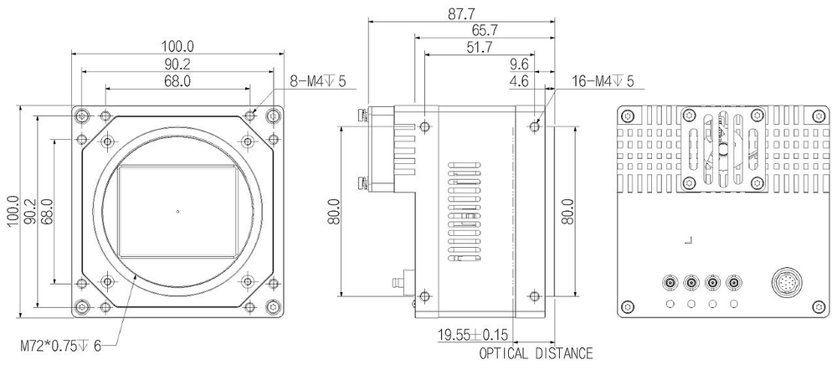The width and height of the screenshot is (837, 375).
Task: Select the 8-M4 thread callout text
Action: coord(317,81)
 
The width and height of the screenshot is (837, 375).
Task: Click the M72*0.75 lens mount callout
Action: coord(59,345)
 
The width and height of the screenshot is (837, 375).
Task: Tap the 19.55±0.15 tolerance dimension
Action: coord(474,336)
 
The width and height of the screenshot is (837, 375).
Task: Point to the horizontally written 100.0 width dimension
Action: coord(177,46)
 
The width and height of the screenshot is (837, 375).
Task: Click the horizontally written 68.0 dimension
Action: coord(177,81)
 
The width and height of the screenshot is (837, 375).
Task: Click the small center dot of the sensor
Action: coord(177,211)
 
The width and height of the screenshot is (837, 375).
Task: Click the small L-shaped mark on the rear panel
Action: coord(688,241)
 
